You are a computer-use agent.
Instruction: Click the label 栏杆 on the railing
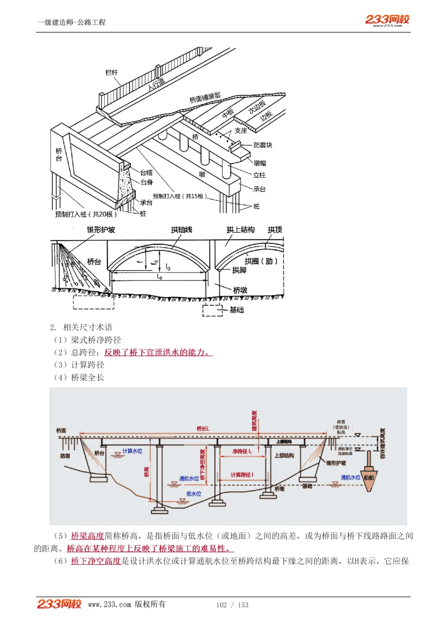coord(111,72)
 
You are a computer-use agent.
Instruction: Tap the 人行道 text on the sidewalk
coord(156,84)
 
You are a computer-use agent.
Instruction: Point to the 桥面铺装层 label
coord(205,98)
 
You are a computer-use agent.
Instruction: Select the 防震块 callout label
coord(262,145)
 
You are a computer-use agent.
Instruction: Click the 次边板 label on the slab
coord(257,107)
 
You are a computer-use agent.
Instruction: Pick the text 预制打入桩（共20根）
coord(85,214)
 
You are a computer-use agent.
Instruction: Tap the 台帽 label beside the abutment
coord(146,172)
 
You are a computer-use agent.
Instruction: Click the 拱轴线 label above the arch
coord(181,230)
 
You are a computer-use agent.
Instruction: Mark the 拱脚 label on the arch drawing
coord(239,270)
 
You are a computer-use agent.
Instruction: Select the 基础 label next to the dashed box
coord(236,310)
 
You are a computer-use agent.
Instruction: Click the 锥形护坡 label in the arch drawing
coord(101,230)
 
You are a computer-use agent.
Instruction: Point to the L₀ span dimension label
coord(160,277)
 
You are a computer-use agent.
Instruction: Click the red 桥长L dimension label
coord(203,429)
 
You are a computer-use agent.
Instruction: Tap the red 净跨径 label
coord(242,452)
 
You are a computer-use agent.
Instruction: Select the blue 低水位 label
coord(194,494)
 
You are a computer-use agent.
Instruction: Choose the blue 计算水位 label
coord(132,451)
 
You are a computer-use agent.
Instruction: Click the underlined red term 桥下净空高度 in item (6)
coord(96,561)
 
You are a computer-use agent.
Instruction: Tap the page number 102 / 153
coord(232,605)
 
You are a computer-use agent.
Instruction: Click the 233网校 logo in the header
coord(387,20)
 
